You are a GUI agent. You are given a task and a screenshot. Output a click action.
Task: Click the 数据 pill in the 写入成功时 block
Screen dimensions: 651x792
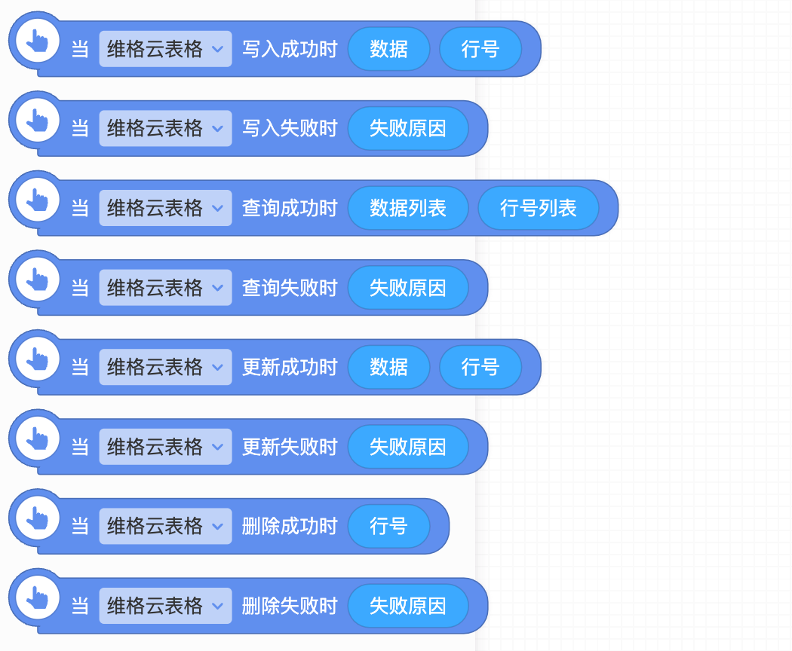388,49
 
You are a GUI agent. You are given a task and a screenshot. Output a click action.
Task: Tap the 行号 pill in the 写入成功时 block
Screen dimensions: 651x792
480,49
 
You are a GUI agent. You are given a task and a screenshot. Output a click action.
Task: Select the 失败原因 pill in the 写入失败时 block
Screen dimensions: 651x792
408,129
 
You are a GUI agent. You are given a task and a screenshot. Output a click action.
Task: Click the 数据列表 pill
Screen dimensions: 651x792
408,208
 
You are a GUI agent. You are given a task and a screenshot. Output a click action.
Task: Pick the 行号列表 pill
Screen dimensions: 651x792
539,208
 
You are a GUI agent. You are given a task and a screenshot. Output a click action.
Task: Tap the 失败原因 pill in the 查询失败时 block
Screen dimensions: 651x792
408,288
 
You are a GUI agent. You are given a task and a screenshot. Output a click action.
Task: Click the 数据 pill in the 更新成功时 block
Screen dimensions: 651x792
388,367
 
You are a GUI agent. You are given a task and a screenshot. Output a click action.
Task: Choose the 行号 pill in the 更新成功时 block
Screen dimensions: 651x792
480,367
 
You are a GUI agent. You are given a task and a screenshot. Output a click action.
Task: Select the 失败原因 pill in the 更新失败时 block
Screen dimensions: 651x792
408,447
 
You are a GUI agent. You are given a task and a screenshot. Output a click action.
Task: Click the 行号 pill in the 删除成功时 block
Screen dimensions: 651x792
388,526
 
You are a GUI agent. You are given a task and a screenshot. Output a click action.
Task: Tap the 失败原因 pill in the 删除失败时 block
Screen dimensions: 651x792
408,606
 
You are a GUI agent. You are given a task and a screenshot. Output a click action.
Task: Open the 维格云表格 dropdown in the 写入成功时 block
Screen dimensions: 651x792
165,49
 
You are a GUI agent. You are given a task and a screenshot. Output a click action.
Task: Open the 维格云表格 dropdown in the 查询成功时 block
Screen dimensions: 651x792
165,208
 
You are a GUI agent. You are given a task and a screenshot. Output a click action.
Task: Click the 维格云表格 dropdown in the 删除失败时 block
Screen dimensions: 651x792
165,606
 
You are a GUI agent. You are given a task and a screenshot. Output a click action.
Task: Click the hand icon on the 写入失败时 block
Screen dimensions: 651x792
37,120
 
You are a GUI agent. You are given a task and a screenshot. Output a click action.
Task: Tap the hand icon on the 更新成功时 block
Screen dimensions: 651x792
37,358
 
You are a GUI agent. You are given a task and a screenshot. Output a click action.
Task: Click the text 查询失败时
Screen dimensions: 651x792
290,288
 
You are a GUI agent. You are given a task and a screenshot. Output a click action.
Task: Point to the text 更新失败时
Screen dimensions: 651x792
290,447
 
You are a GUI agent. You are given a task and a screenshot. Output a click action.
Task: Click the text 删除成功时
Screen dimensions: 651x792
290,526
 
